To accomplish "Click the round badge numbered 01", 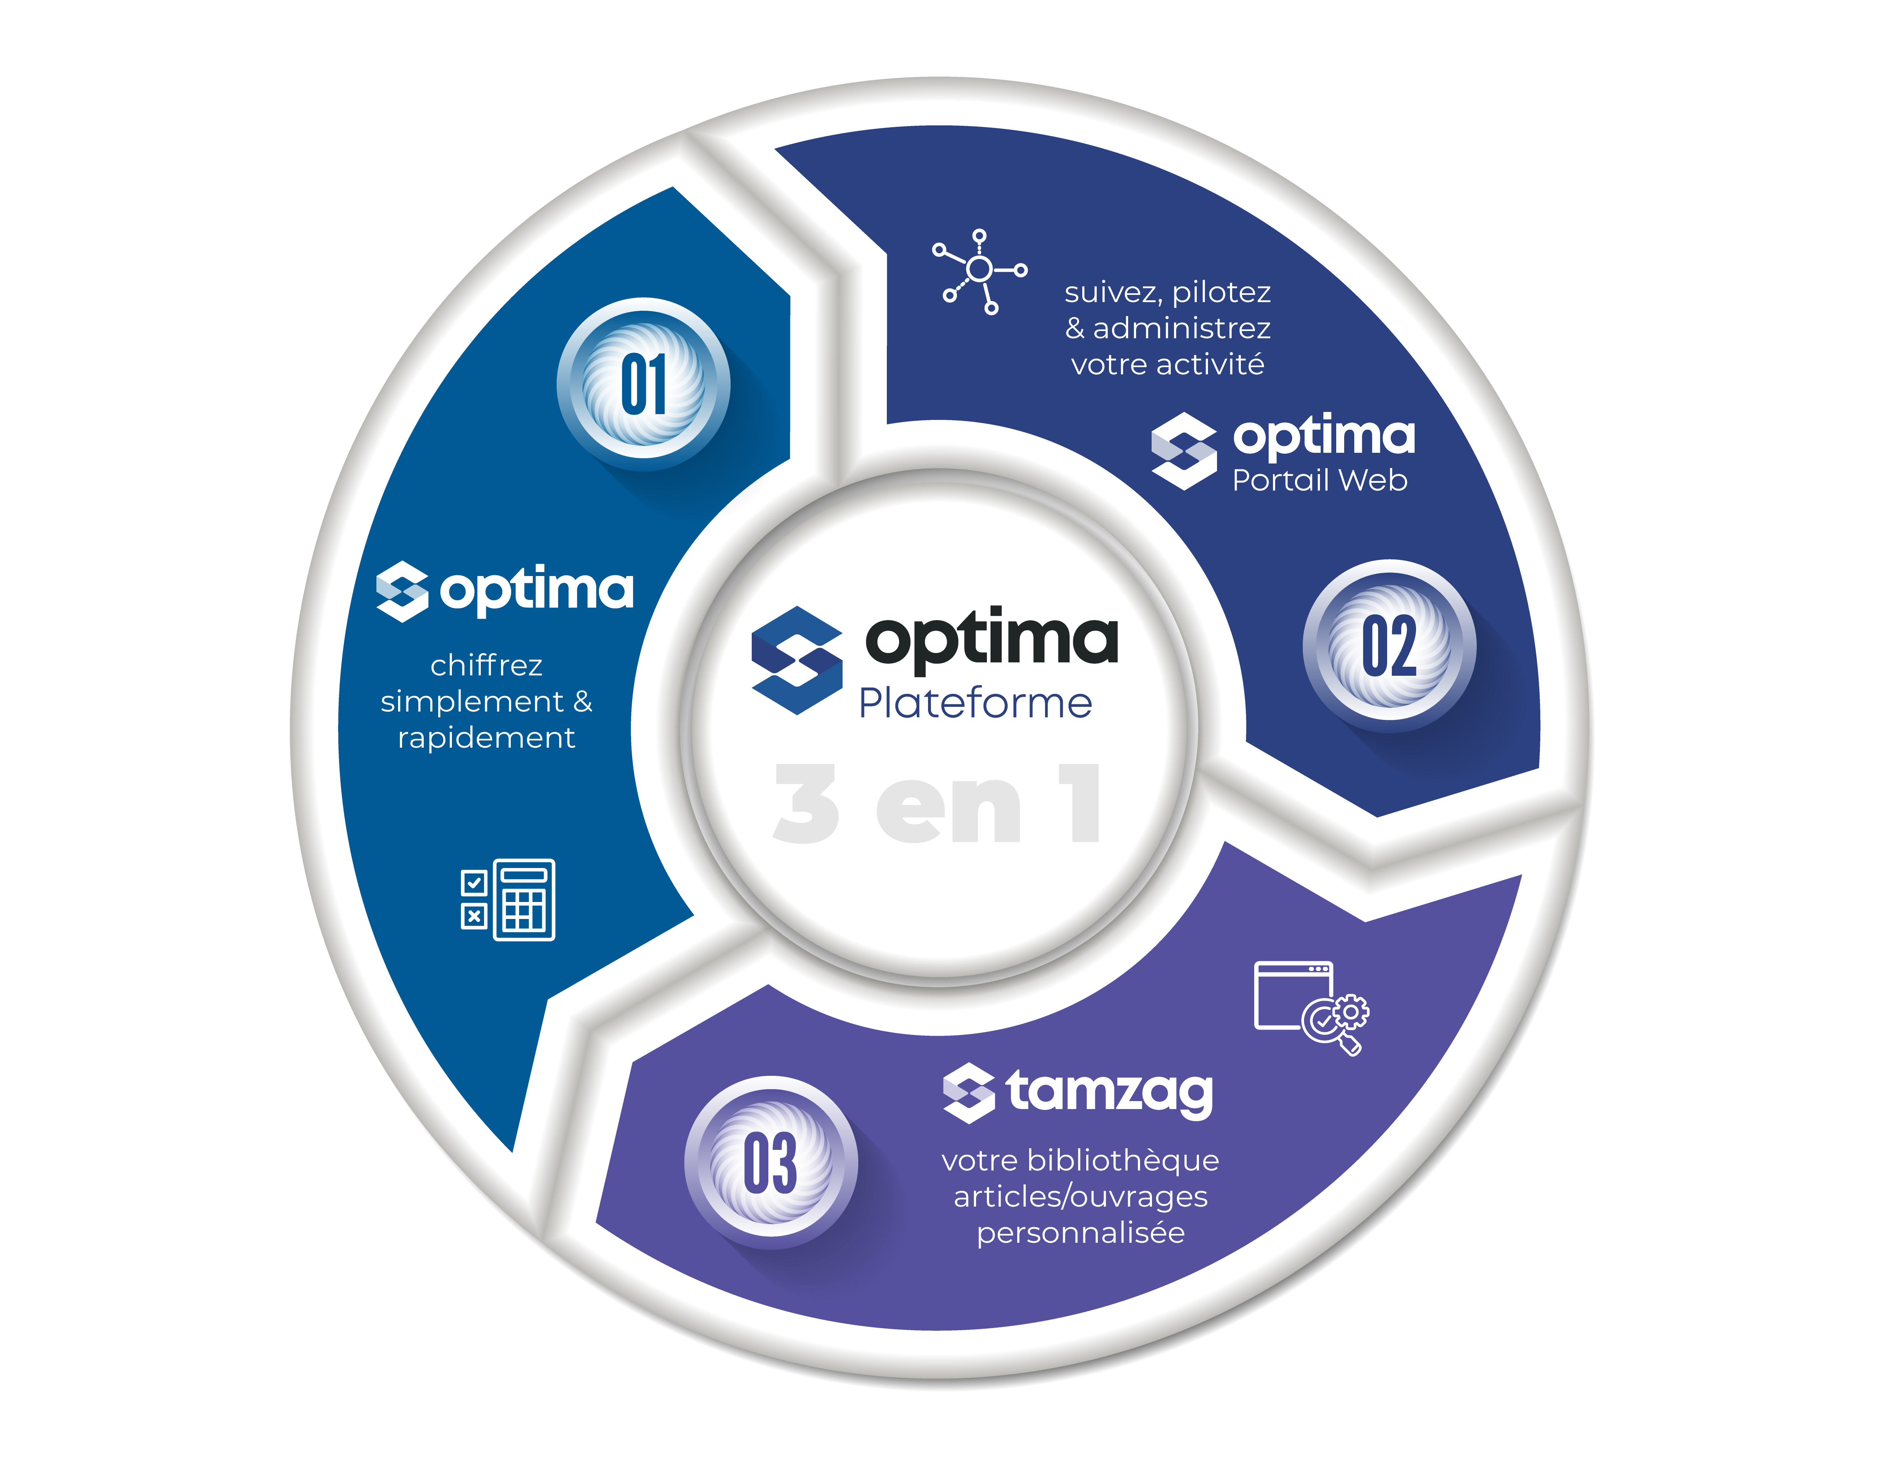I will click(x=643, y=384).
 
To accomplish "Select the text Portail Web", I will click(x=1320, y=480).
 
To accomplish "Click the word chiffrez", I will click(x=486, y=665).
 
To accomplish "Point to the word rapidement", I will click(x=486, y=738).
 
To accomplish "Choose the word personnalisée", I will click(x=1080, y=1233).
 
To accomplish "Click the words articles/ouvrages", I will click(x=1080, y=1197).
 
